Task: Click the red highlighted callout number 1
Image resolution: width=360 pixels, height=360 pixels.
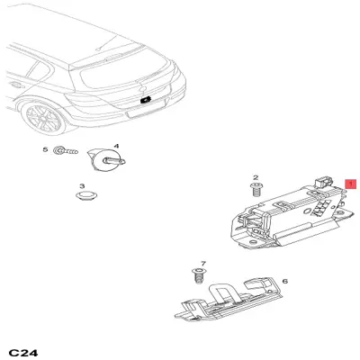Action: [x=350, y=184]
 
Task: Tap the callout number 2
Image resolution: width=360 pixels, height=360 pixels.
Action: [x=256, y=178]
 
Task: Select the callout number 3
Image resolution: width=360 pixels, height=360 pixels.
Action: [x=82, y=186]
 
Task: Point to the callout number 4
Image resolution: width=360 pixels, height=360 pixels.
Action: [x=116, y=146]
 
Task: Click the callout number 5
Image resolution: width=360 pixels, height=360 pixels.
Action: [x=45, y=149]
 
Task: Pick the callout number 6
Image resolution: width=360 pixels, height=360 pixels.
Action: [x=285, y=281]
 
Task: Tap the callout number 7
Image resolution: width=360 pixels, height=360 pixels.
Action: [x=203, y=264]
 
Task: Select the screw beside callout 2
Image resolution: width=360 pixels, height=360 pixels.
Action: [x=256, y=190]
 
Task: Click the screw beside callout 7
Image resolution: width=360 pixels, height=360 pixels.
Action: [x=197, y=275]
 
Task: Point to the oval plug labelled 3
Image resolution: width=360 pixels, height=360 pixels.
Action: [x=87, y=195]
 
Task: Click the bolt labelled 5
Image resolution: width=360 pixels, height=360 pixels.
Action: [x=66, y=151]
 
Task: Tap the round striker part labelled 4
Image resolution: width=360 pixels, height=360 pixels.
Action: [x=105, y=160]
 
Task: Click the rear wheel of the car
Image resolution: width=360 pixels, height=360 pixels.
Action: [x=45, y=118]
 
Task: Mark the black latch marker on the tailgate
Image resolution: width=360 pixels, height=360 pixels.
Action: [x=146, y=101]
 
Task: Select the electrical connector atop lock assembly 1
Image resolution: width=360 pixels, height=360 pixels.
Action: [x=323, y=182]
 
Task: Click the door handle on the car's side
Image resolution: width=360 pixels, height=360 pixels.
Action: [x=17, y=85]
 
